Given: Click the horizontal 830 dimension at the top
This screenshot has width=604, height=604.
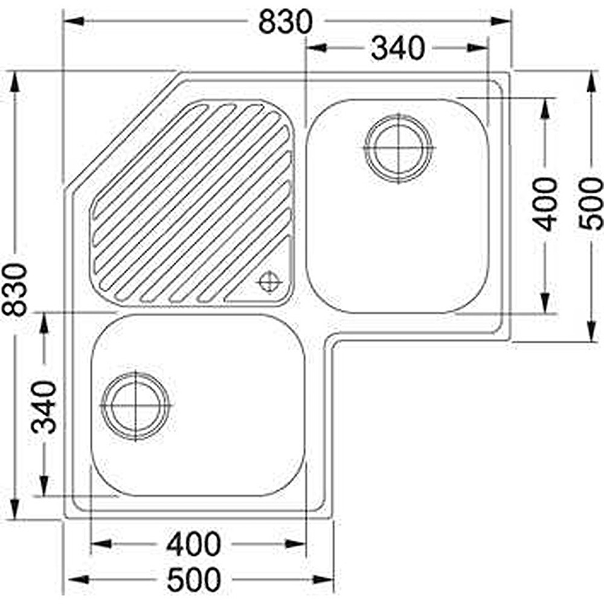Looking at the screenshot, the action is coord(285,22).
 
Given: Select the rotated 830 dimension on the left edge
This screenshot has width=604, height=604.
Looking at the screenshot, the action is coord(14,289).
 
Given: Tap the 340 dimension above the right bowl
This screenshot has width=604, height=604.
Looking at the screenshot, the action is coord(398,48).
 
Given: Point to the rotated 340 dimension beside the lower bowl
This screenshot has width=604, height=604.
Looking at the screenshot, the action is coord(44,406).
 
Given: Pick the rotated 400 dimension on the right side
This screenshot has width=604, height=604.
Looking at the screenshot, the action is coord(545,205).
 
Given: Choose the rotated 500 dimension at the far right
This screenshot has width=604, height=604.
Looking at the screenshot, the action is coord(591,204).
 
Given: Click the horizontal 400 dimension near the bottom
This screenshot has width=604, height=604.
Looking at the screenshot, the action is coord(193,544).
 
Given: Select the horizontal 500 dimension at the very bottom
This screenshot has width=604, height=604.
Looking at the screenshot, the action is coord(194,579).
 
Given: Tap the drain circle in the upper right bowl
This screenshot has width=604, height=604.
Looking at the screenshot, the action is coord(398,148).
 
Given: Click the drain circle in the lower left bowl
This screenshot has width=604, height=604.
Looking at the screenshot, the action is coord(135,406).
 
